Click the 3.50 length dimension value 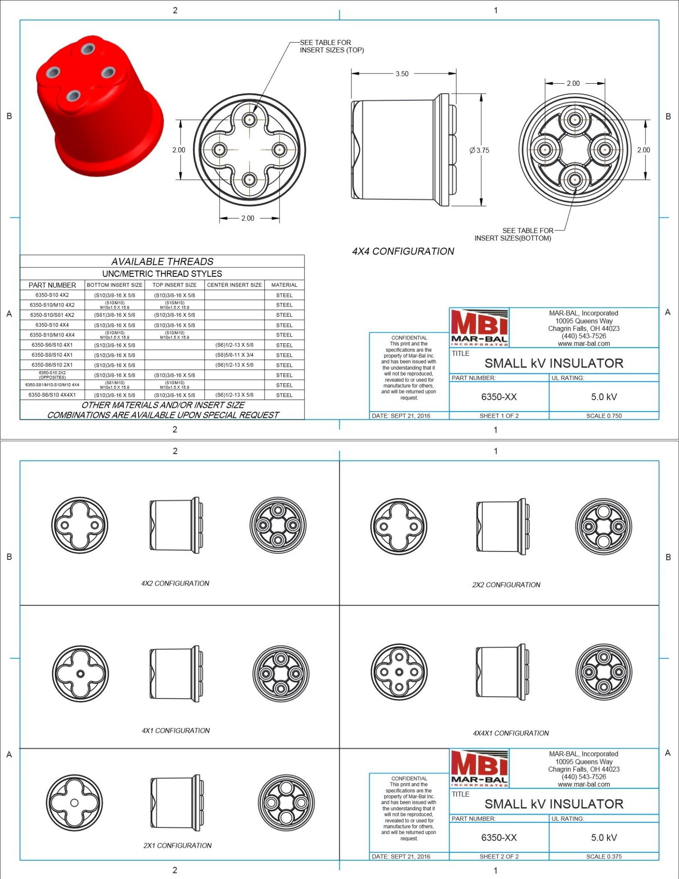point(402,74)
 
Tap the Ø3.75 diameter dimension point(479,150)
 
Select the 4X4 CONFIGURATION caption point(403,252)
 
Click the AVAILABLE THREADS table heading point(162,261)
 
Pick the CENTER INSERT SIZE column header point(234,285)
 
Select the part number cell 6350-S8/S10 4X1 point(52,355)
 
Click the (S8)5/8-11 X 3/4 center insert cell point(234,355)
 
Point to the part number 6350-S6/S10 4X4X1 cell point(52,395)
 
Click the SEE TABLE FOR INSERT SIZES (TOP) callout point(331,46)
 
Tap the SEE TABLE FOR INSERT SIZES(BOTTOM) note point(513,234)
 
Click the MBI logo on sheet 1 point(479,327)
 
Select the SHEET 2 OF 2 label point(499,856)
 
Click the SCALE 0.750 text point(604,415)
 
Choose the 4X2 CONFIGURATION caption point(175,583)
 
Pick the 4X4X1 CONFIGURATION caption point(510,733)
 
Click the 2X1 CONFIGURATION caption point(177,846)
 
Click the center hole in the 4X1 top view point(80,673)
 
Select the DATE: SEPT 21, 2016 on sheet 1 point(401,415)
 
